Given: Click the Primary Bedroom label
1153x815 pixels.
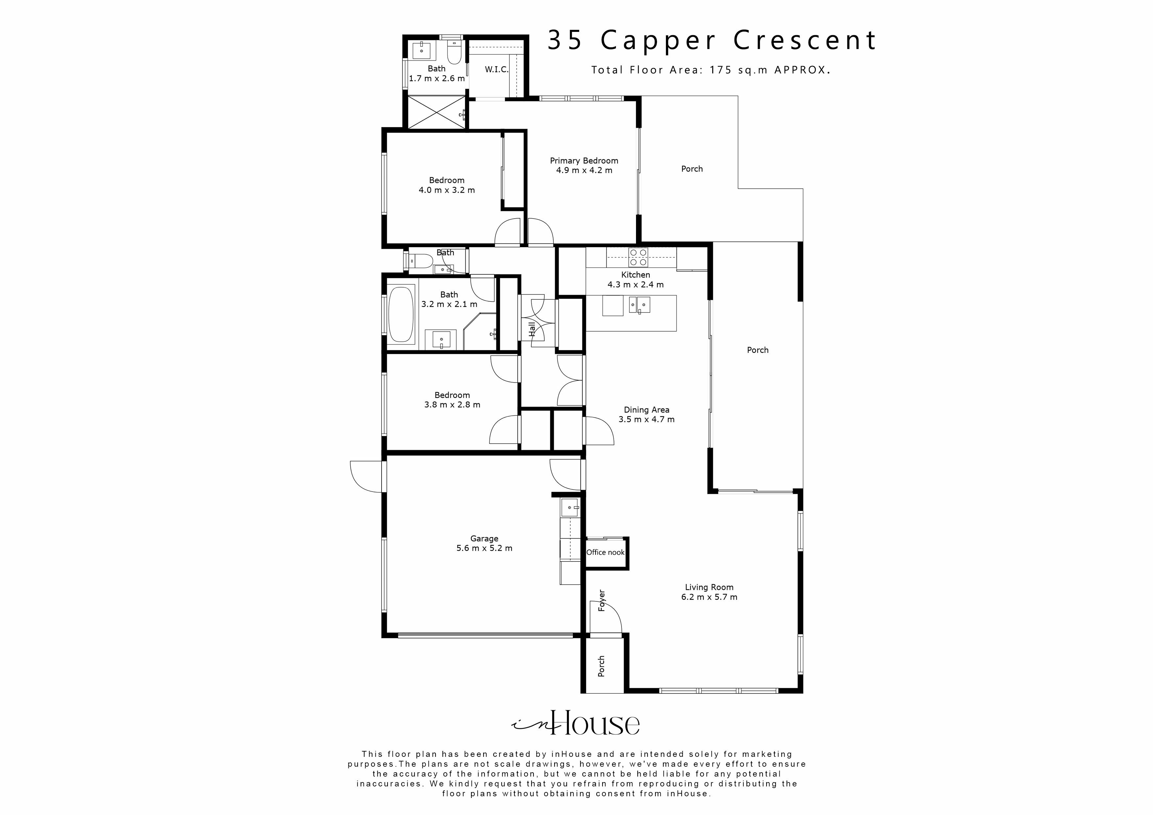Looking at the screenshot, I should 583,161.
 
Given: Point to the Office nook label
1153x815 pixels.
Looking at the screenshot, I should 605,552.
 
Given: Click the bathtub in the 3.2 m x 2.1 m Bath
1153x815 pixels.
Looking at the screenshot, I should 401,314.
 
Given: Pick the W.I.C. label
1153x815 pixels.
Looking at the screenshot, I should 496,70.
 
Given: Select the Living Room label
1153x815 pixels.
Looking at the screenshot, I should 709,587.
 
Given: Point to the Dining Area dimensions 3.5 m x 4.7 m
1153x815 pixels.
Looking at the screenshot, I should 646,419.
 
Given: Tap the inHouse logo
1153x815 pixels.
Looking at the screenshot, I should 576,723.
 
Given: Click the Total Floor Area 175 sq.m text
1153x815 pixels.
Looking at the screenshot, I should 710,70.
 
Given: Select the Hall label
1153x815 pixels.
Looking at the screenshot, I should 532,329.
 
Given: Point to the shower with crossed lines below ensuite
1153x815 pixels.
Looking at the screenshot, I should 435,112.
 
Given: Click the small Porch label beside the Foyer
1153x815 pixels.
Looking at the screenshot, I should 601,666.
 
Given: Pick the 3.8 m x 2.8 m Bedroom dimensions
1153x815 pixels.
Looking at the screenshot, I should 452,405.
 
